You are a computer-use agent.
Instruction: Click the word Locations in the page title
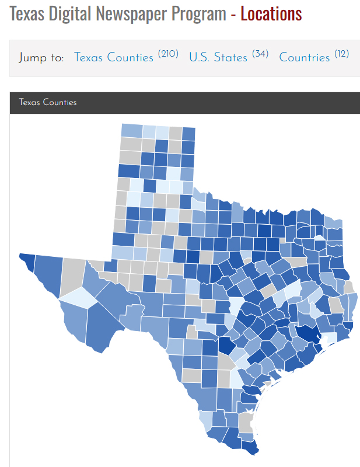pyautogui.click(x=271, y=14)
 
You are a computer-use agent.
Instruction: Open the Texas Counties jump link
pyautogui.click(x=113, y=57)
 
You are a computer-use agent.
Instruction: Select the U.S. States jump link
pyautogui.click(x=218, y=57)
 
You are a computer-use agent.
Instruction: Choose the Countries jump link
pyautogui.click(x=305, y=57)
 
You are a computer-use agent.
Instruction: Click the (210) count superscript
pyautogui.click(x=168, y=54)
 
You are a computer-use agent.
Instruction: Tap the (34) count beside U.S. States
pyautogui.click(x=260, y=54)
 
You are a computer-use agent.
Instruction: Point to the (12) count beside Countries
pyautogui.click(x=341, y=54)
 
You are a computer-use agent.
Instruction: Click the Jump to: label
pyautogui.click(x=41, y=58)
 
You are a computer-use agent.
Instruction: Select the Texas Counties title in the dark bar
pyautogui.click(x=47, y=102)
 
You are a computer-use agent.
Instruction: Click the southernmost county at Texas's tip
pyautogui.click(x=250, y=448)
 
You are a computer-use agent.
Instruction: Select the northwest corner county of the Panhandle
pyautogui.click(x=131, y=131)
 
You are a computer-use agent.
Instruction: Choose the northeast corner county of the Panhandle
pyautogui.click(x=188, y=133)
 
